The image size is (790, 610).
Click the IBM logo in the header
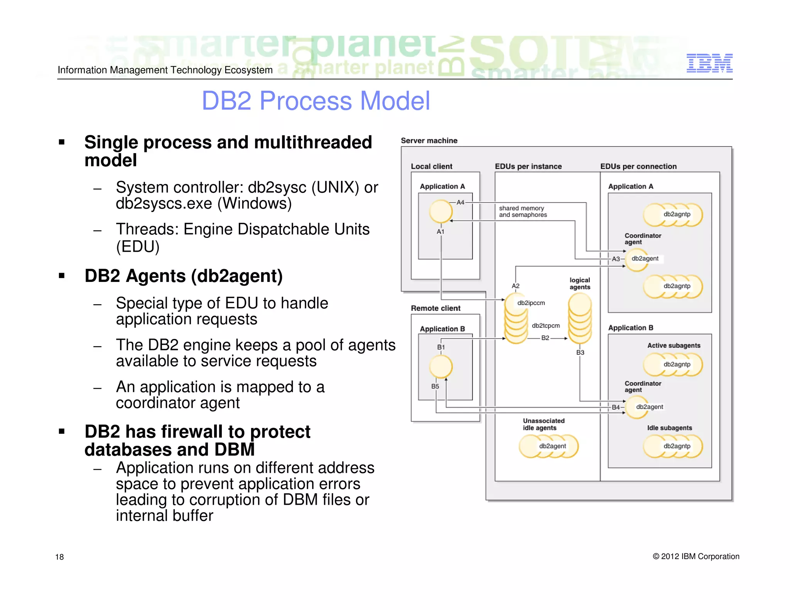pos(709,63)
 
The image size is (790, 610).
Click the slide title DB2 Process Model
pos(316,101)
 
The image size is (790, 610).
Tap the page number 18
pos(59,557)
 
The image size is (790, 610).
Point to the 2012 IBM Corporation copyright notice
pos(696,556)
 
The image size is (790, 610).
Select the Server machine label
pos(429,141)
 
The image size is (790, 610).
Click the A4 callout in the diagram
pos(461,202)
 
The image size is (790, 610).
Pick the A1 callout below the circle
pos(441,232)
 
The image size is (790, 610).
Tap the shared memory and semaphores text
pos(523,211)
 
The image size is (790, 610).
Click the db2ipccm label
pos(531,303)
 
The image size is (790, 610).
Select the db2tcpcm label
pos(545,326)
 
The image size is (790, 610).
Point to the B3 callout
pos(580,352)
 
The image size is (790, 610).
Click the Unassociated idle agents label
pos(543,424)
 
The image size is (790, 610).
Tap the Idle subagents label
pos(669,428)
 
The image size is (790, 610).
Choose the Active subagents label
pos(674,345)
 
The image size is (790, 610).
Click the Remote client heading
pos(436,308)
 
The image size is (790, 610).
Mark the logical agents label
pos(580,283)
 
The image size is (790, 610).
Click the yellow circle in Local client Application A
pos(441,211)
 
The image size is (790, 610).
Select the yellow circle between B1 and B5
pos(441,366)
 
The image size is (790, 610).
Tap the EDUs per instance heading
pos(528,167)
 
